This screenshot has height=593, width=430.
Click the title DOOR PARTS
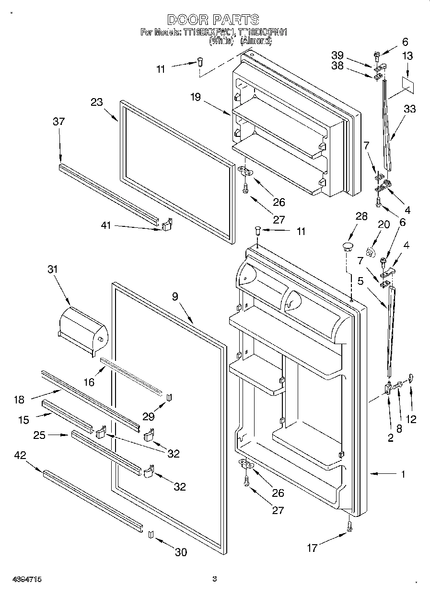(x=213, y=20)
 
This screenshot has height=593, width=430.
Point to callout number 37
(x=58, y=122)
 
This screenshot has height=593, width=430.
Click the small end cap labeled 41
(x=167, y=224)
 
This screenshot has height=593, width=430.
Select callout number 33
(x=410, y=109)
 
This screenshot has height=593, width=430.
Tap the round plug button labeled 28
(x=347, y=247)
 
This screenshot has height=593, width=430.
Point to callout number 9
(x=175, y=297)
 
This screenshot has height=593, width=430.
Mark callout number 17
(x=313, y=548)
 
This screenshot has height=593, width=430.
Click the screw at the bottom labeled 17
(x=350, y=526)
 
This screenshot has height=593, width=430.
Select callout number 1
(x=403, y=474)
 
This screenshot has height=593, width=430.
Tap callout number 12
(x=411, y=419)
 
